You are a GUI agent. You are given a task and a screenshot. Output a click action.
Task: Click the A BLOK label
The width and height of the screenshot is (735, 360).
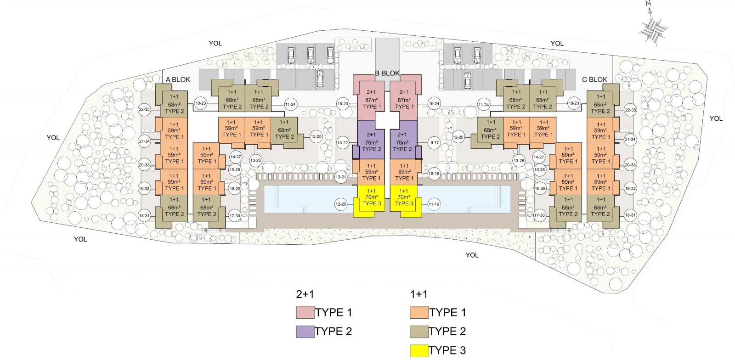pos(177,80)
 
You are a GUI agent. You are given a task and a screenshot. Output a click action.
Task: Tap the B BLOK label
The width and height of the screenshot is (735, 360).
pos(387,73)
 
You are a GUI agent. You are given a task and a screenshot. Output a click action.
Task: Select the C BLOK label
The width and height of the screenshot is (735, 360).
pos(594,80)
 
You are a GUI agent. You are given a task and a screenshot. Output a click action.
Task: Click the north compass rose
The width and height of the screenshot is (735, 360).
pos(653,29)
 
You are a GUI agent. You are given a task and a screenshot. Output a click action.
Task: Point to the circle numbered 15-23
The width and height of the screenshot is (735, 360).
pos(343,104)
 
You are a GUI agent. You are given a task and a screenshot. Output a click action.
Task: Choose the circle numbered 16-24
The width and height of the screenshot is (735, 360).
pos(434,104)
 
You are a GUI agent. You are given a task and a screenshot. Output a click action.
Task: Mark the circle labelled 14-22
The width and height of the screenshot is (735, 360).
pos(343,143)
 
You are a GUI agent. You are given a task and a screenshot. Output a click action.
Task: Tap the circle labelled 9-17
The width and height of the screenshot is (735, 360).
pos(435,143)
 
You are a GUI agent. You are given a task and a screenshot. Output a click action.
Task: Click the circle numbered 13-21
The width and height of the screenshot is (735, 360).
pos(341,177)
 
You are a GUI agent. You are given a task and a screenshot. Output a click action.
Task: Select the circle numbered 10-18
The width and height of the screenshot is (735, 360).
pos(434,174)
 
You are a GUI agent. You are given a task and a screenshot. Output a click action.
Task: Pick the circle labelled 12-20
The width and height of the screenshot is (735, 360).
pos(341,204)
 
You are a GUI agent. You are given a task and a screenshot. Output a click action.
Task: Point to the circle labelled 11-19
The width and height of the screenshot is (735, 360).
pos(434,204)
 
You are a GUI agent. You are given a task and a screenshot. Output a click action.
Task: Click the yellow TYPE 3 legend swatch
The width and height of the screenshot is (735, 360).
pos(419,351)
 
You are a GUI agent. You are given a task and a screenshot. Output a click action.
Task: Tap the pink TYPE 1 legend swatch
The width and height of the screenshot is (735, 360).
pos(305,312)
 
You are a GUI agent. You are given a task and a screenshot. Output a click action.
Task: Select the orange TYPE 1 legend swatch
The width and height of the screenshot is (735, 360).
pos(419,312)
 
